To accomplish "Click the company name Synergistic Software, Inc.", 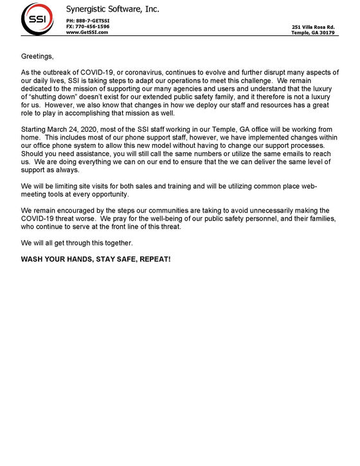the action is pos(113,9).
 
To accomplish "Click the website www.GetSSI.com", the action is pos(87,32).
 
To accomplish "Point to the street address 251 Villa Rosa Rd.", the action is pos(313,27).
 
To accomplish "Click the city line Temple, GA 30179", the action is pos(313,33).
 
